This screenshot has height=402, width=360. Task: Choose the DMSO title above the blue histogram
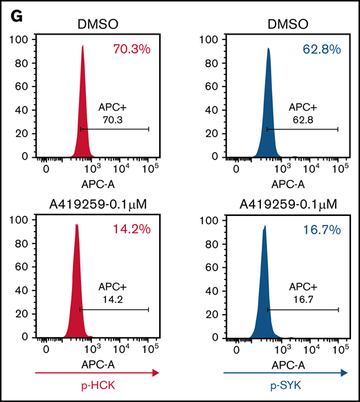point(285,26)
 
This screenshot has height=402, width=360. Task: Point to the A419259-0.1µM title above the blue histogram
point(285,205)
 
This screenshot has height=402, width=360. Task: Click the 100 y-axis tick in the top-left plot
point(19,40)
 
